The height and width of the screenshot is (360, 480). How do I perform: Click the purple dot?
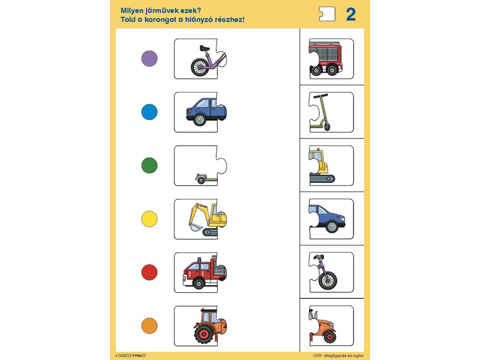point(149,58)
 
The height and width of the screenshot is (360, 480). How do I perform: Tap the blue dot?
point(149,112)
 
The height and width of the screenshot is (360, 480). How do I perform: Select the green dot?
point(149,166)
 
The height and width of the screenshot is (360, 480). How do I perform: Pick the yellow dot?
point(149,219)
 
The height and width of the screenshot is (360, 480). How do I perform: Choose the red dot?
point(149,272)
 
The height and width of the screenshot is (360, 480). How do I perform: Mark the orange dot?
point(149,326)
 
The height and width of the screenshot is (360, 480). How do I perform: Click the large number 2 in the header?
point(351,14)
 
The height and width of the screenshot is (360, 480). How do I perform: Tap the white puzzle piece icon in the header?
point(327,14)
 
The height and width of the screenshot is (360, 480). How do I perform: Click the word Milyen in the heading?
point(132,11)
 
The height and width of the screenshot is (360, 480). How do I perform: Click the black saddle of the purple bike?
point(205,48)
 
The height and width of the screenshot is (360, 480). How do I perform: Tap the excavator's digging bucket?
point(196,227)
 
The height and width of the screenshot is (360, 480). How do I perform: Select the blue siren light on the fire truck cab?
point(199,260)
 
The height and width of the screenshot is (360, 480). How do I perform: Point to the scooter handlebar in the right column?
point(320,96)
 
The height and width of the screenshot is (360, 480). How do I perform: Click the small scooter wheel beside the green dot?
point(201,179)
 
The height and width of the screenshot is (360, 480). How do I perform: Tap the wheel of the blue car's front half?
point(332,227)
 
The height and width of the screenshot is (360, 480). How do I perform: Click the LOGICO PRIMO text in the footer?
point(131,356)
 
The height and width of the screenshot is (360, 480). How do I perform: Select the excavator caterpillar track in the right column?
point(322,178)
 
